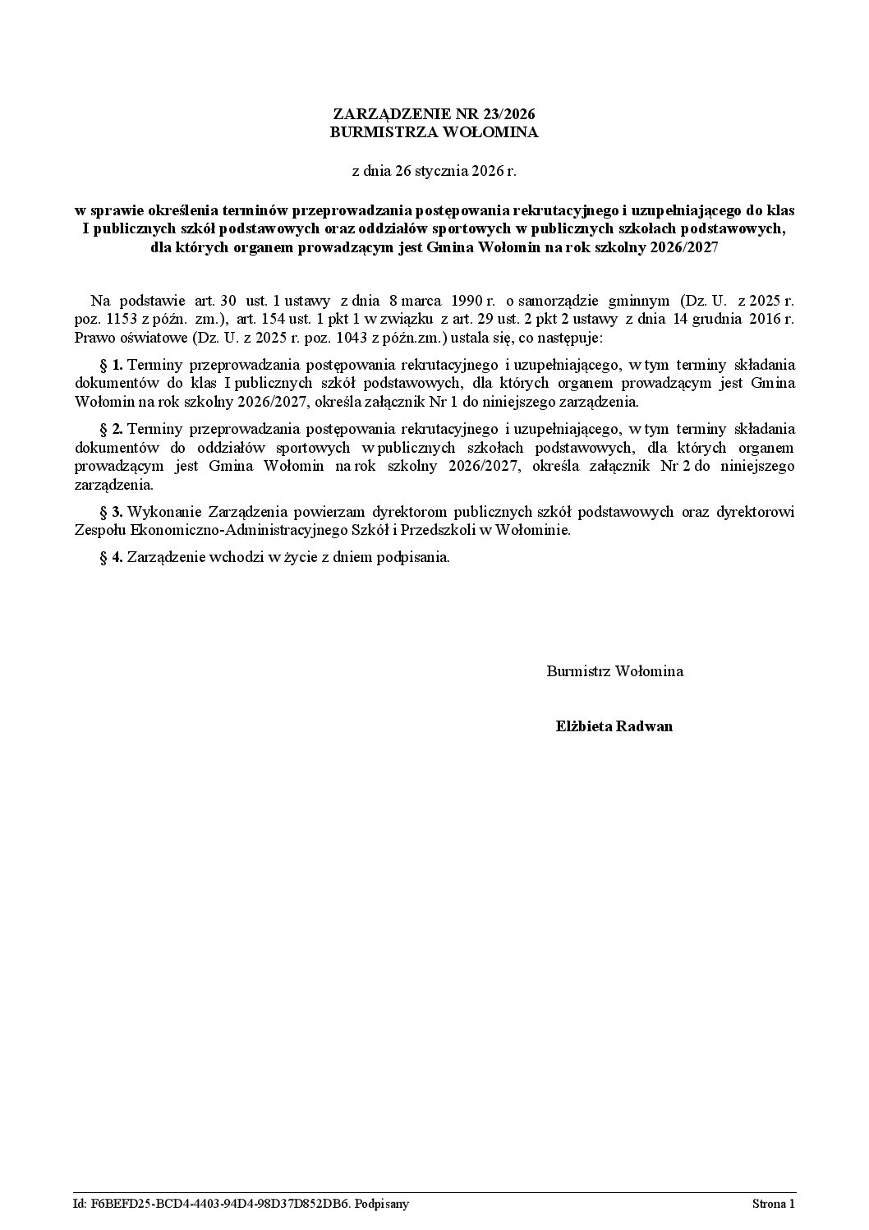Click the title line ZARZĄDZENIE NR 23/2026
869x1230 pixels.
point(434,114)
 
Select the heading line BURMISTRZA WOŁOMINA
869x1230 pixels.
point(434,132)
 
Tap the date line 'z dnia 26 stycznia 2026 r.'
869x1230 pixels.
point(434,172)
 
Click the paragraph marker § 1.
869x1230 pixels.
point(111,364)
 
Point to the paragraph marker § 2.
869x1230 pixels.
point(111,428)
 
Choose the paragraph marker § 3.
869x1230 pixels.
point(111,512)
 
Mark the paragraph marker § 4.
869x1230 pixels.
point(111,557)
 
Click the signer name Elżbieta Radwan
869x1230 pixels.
point(614,726)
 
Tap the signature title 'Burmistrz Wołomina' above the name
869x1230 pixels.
point(614,671)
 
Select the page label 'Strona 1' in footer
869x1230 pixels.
point(773,1205)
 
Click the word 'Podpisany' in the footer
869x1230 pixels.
point(382,1205)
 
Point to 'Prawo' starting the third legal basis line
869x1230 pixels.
point(92,339)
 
